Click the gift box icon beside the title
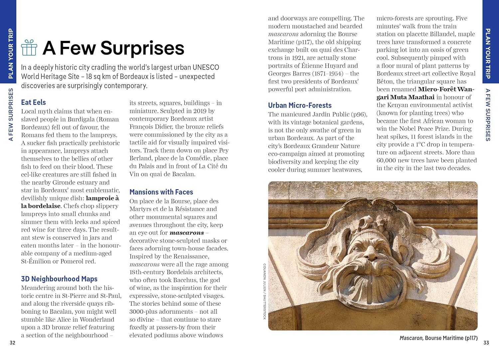pos(29,48)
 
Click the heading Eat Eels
pos(33,102)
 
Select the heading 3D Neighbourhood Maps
pos(59,279)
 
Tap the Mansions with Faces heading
pos(161,192)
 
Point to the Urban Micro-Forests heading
pos(300,105)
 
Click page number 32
pos(12,343)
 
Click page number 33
pos(486,343)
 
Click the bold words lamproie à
pos(102,198)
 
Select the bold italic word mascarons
pos(187,233)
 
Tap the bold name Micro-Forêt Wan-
pos(446,89)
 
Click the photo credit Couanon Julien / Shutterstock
pos(265,291)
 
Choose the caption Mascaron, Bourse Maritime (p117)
pos(438,338)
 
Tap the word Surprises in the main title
pos(142,48)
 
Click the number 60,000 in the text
pos(386,160)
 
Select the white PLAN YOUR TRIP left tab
pos(10,54)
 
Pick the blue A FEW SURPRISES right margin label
pos(488,115)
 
